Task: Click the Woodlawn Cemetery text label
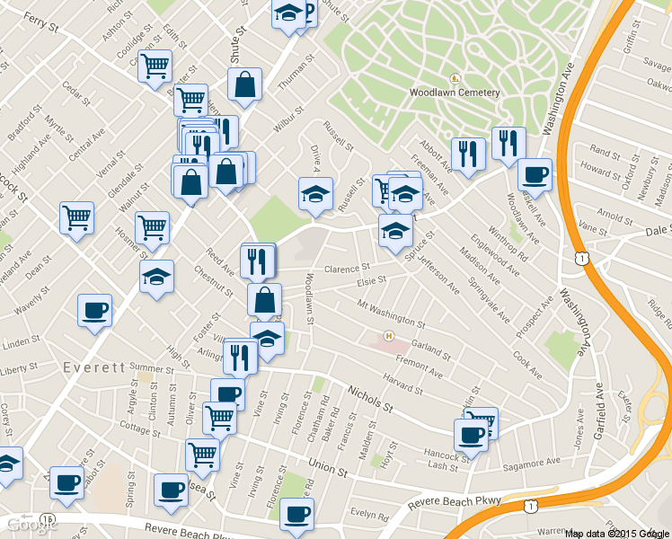[x=454, y=93]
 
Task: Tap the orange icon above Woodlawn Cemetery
[x=455, y=78]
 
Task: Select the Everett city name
[x=93, y=368]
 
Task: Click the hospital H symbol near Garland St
[x=389, y=336]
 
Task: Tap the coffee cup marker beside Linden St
[x=94, y=311]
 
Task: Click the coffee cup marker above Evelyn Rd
[x=296, y=514]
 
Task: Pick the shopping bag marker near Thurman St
[x=245, y=84]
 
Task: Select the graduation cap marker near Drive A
[x=315, y=193]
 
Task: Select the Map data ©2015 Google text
[x=617, y=533]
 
